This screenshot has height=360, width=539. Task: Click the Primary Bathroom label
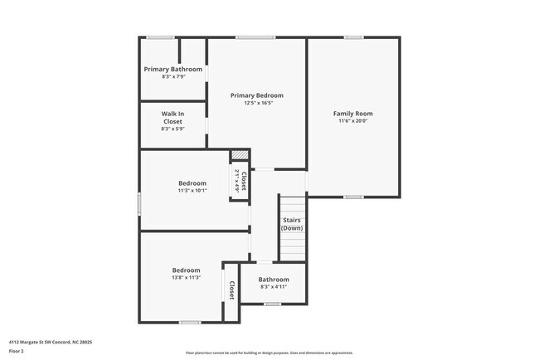[172, 69]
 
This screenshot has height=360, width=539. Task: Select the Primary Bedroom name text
[257, 95]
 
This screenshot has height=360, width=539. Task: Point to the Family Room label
[352, 114]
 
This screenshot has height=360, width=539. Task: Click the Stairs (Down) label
[292, 224]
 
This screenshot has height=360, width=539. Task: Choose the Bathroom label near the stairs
[273, 280]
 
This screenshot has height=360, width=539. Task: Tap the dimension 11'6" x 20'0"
[352, 121]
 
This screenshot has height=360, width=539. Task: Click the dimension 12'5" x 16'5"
[258, 104]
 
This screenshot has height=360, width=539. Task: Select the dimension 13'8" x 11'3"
[186, 278]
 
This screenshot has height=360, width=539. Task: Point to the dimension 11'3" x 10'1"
[192, 191]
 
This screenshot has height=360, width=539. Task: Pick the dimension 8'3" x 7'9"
[172, 77]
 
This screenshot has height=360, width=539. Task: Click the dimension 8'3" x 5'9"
[172, 129]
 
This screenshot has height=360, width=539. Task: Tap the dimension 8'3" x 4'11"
[273, 287]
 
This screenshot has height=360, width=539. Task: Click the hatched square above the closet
[240, 154]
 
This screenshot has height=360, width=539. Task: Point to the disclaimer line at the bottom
[269, 353]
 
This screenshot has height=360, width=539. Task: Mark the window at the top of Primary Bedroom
[255, 36]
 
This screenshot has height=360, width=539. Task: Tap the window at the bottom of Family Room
[353, 197]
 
